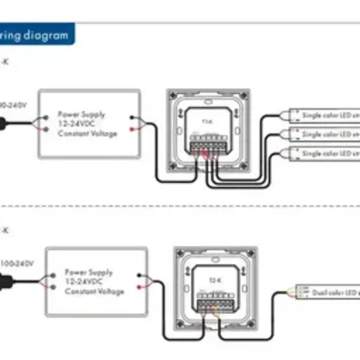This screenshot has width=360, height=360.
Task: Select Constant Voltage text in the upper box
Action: pos(87,133)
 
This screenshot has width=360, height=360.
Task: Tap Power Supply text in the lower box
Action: pos(88,272)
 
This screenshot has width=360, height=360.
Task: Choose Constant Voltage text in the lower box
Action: pos(94,291)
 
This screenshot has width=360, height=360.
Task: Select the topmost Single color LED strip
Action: pos(323,115)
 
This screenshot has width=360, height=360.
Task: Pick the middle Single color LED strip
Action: pos(323,134)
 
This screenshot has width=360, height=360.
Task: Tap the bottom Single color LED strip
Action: pos(323,153)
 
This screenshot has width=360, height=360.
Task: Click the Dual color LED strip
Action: pos(326,292)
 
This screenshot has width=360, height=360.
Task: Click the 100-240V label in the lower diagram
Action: pos(17,263)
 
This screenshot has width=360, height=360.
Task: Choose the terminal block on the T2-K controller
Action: pos(215,303)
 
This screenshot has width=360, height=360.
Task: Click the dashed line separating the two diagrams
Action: pos(180,206)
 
